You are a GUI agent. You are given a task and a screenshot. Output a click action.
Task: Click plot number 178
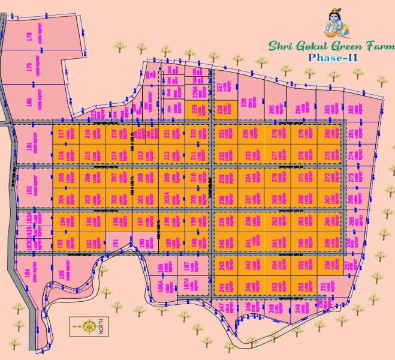point(29,37)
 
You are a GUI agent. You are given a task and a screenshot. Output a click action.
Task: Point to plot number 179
point(29,67)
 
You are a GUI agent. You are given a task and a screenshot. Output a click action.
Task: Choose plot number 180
point(29,101)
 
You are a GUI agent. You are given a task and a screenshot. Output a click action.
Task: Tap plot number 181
point(29,145)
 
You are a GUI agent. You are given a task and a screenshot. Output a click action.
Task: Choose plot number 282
point(351,109)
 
